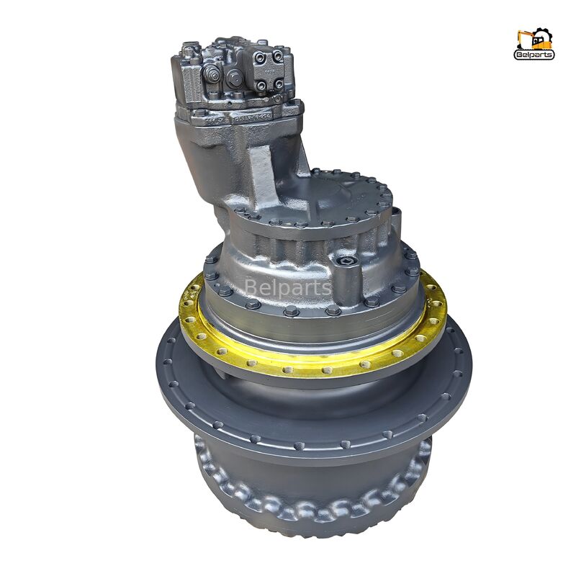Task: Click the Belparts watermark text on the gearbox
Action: [x=288, y=288]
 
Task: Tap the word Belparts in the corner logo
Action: [x=534, y=55]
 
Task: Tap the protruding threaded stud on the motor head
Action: [x=210, y=71]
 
